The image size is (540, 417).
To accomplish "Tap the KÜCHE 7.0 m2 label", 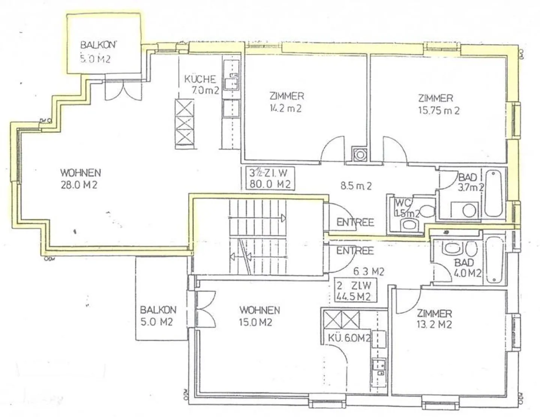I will [x=201, y=84].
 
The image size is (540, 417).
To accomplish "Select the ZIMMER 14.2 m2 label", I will [x=286, y=102].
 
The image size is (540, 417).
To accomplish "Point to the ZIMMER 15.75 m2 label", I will [x=438, y=104].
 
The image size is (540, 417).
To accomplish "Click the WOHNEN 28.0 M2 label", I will [x=81, y=179].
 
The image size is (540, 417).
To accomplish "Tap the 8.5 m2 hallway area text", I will [x=356, y=186].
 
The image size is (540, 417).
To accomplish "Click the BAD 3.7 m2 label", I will [x=470, y=182].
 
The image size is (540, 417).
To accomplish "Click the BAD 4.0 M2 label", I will [x=466, y=268].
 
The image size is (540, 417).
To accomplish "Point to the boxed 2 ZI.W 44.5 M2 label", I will [x=354, y=291].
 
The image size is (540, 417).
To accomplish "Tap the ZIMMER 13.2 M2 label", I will [x=434, y=319].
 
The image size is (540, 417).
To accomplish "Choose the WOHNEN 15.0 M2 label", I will [x=259, y=316].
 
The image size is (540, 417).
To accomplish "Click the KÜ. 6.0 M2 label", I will [x=348, y=338].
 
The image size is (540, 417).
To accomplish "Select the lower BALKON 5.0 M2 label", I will [x=157, y=316].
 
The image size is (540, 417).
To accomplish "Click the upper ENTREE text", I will [x=355, y=222].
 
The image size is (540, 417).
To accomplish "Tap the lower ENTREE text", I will [x=355, y=250].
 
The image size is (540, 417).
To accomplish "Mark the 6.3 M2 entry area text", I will [x=369, y=271].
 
